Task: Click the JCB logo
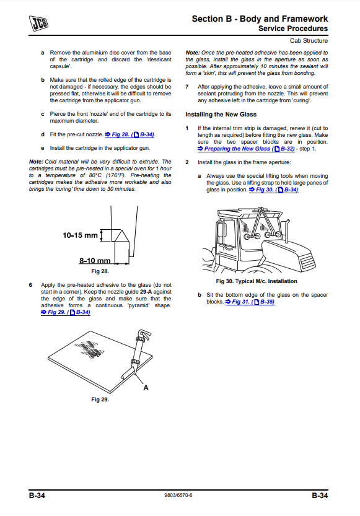click(39, 23)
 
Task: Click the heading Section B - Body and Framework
click(260, 19)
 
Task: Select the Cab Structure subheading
click(309, 41)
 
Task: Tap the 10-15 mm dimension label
click(81, 235)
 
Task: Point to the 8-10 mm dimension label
click(95, 261)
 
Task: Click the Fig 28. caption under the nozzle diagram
click(100, 271)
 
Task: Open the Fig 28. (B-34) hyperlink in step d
click(130, 134)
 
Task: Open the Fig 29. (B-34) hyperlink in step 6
click(66, 312)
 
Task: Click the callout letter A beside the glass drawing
click(146, 388)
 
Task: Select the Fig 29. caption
click(100, 400)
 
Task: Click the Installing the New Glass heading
click(221, 115)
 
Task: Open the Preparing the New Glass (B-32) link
click(246, 149)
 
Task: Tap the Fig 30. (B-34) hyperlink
click(274, 190)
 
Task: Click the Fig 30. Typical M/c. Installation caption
click(257, 281)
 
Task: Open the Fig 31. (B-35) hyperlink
click(250, 302)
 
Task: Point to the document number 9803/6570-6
click(178, 496)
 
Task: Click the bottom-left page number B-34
click(37, 496)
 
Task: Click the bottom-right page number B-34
click(320, 496)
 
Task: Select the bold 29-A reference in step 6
click(146, 292)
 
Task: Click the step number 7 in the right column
click(187, 87)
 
